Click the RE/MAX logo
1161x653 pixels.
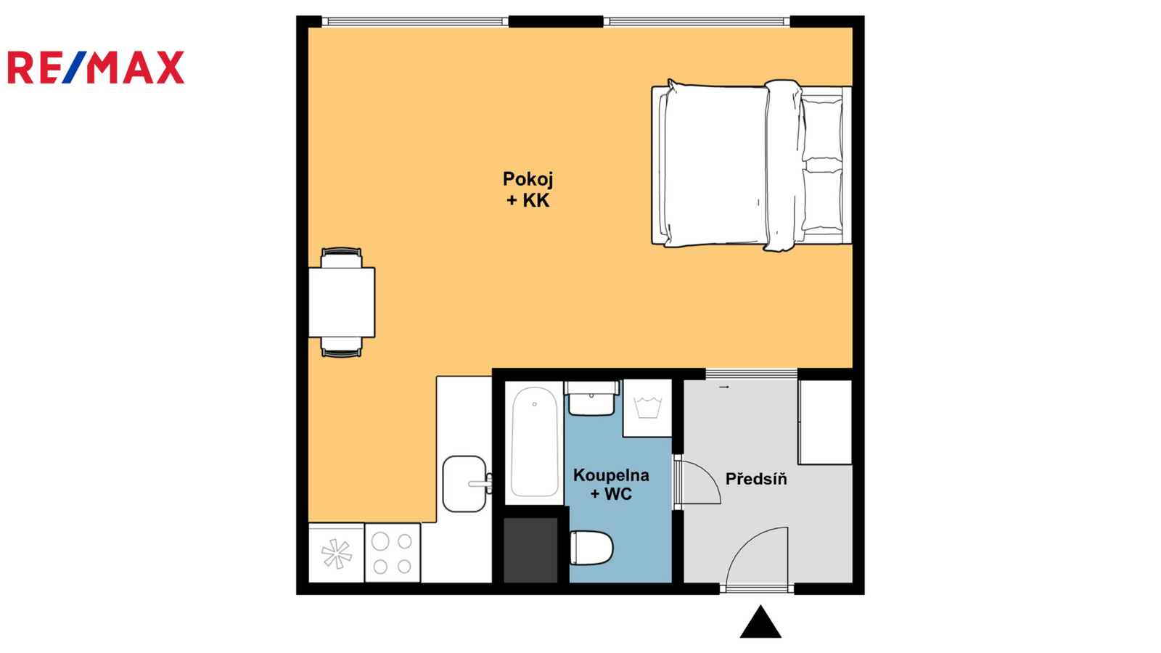(96, 67)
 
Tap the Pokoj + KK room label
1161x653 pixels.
(528, 189)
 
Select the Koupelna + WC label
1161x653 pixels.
(611, 485)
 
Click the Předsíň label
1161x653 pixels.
(756, 479)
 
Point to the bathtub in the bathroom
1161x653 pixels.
(534, 442)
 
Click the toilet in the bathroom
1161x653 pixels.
(591, 548)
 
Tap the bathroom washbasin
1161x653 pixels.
(591, 398)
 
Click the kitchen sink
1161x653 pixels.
(465, 484)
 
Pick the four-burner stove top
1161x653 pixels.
(393, 553)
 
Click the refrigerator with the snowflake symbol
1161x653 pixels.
(337, 553)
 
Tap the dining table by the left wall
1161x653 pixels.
(342, 302)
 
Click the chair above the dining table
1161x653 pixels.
(342, 258)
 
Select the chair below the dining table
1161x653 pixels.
(342, 347)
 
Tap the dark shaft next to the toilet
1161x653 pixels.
(530, 550)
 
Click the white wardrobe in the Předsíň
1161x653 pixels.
(825, 422)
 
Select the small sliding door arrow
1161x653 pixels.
(724, 387)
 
